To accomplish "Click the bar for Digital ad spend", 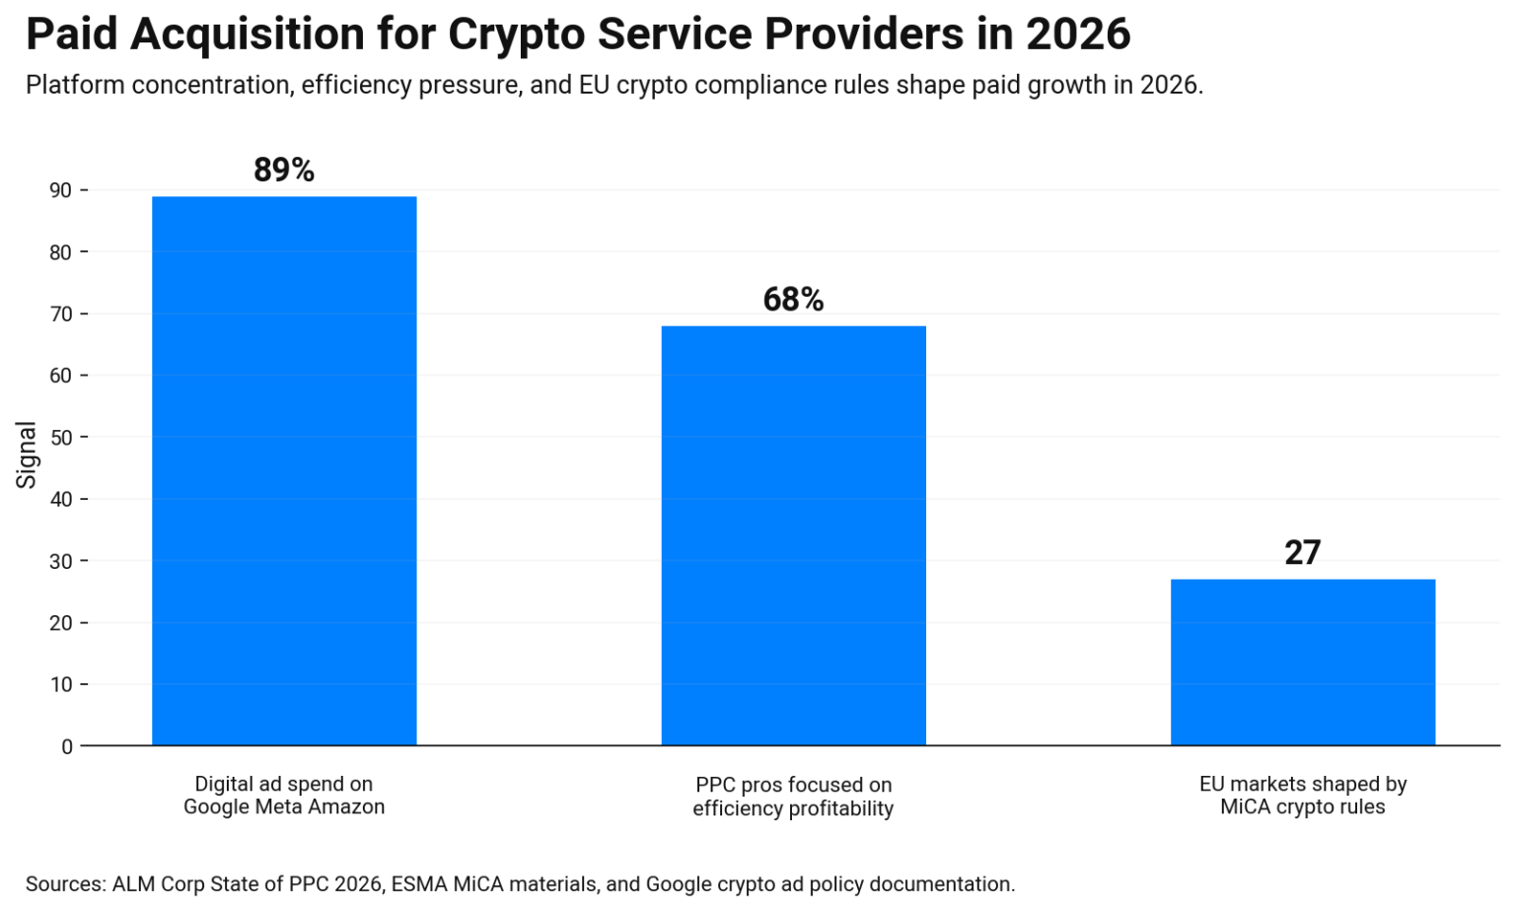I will [x=284, y=470].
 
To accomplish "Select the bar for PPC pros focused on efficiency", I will [x=793, y=535].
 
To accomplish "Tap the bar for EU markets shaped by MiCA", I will [x=1302, y=662].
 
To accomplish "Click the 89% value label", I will [x=284, y=170].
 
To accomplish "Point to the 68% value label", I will [x=793, y=300].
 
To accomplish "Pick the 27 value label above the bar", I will [x=1302, y=553].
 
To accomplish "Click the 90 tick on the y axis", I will [x=61, y=190].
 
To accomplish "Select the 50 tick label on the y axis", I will [x=61, y=438].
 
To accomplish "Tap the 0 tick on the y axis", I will [x=67, y=747].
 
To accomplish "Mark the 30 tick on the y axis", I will [x=61, y=562].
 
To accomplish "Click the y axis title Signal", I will [x=26, y=455].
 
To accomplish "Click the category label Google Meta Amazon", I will [x=284, y=807].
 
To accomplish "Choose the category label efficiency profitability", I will [x=793, y=809].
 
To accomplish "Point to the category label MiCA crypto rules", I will [x=1302, y=807].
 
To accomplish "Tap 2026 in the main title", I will [x=1077, y=34].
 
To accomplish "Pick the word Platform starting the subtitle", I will [x=76, y=86].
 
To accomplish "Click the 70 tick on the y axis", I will [x=61, y=315].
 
